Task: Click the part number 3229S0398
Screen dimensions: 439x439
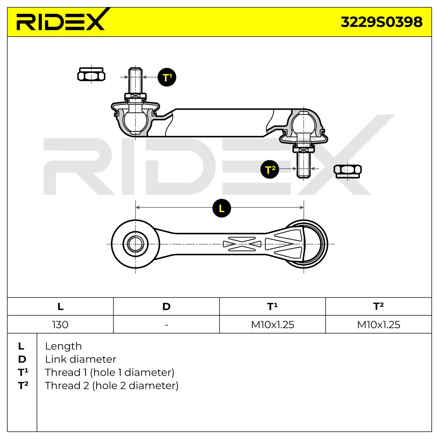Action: (381, 22)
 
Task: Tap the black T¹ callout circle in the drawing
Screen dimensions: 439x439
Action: (167, 77)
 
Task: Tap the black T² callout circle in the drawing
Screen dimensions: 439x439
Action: (270, 169)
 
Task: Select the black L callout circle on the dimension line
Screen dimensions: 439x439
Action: (221, 208)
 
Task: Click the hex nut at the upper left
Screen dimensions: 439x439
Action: (91, 74)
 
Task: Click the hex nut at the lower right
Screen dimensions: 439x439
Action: (348, 171)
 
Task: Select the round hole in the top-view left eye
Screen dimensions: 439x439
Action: (135, 244)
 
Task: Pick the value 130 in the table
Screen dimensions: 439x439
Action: (60, 324)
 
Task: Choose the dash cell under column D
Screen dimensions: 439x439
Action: (166, 325)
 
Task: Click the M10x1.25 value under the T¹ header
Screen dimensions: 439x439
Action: (273, 324)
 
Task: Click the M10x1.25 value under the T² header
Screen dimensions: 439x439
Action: (378, 324)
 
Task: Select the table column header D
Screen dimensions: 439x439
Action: (166, 307)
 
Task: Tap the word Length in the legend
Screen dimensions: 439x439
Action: (63, 346)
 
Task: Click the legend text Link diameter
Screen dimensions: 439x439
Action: (80, 359)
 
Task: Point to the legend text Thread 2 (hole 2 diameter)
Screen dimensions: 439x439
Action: (112, 386)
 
